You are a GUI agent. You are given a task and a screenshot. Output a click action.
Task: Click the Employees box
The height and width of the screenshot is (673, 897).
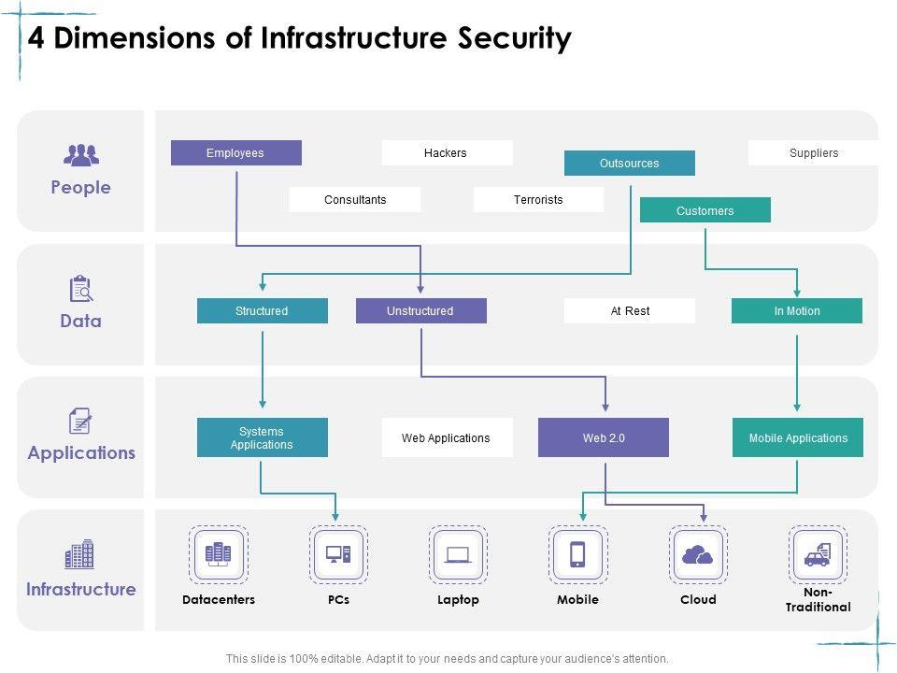pos(235,153)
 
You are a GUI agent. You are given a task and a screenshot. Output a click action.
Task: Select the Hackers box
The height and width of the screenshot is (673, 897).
pos(447,153)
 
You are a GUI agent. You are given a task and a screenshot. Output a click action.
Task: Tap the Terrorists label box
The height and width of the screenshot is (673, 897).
pos(538,200)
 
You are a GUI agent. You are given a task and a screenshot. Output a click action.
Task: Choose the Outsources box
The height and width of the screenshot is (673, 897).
pos(629,164)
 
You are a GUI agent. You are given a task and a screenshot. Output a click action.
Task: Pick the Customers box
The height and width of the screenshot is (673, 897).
pos(705,210)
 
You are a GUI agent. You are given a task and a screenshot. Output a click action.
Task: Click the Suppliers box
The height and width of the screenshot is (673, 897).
pos(813,153)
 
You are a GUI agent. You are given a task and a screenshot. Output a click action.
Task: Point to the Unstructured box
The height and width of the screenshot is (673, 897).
pos(420,311)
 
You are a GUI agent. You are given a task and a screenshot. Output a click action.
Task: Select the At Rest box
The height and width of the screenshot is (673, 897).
pos(630,311)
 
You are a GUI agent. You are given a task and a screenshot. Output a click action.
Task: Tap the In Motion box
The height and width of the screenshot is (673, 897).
pos(796,311)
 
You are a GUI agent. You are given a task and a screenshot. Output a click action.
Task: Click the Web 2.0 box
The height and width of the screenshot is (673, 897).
pos(604,437)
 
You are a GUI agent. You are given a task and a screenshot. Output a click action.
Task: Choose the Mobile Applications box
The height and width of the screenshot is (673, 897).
pos(797,437)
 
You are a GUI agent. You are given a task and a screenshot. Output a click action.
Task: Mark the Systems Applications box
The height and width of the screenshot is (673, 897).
pos(262,437)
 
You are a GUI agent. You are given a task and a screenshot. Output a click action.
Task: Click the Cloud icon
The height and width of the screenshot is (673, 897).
pos(698,555)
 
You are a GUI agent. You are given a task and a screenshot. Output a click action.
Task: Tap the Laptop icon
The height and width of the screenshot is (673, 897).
pos(458,555)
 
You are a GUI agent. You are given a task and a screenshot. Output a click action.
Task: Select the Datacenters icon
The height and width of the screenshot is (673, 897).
pos(219,555)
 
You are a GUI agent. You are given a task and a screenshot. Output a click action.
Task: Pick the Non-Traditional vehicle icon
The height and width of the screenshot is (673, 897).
pos(818,555)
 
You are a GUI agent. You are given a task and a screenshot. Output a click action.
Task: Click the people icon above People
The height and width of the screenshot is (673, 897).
pos(80,154)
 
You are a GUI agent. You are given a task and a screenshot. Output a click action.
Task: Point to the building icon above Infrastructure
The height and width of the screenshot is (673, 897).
pos(80,554)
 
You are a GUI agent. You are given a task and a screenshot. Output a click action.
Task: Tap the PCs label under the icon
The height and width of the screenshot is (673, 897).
pos(338,600)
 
